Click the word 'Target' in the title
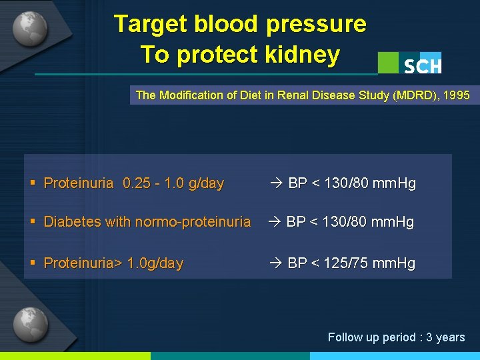151,24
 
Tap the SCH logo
422,65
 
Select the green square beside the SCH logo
388,63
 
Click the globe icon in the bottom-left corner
30,325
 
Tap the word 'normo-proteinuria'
193,222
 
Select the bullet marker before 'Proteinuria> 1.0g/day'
33,263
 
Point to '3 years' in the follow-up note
445,337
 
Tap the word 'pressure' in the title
316,24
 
